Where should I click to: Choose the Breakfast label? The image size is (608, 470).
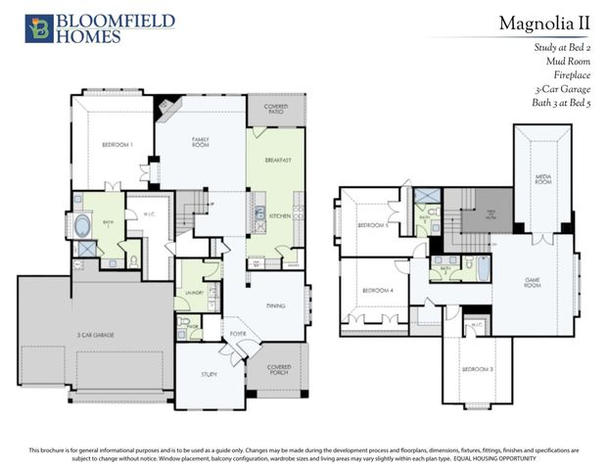tap(279, 159)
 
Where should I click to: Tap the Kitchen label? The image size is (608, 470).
tap(277, 214)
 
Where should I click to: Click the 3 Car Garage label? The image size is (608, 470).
tap(97, 336)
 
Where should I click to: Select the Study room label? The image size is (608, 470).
tap(210, 374)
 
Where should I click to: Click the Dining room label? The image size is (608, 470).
tap(275, 305)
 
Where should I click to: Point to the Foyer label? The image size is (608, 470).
tap(238, 334)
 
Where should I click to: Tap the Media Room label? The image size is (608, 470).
tap(543, 180)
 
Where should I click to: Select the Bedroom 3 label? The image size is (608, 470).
tap(479, 369)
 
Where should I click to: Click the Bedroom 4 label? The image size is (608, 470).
tap(377, 291)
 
